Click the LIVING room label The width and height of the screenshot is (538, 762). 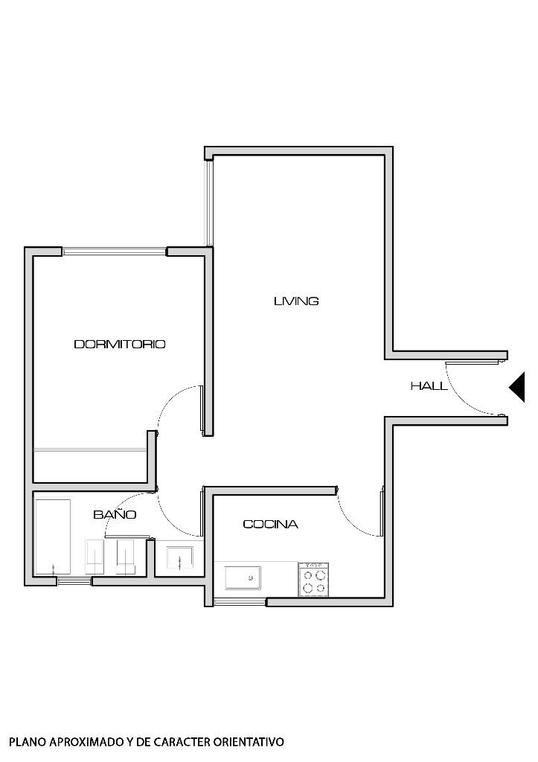point(296,301)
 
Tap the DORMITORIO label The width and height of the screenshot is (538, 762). point(120,345)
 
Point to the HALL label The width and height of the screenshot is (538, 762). point(429,386)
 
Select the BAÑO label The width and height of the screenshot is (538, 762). point(115,515)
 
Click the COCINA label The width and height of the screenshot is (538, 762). point(271,525)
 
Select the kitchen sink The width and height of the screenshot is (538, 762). point(243,577)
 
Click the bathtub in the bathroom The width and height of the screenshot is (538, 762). point(53,537)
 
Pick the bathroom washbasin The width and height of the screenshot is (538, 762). point(179,557)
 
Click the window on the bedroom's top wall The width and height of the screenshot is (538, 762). point(115,252)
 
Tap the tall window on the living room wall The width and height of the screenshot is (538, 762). point(210,201)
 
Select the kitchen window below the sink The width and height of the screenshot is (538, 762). point(239,601)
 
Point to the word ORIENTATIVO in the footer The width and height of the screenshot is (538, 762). point(249,742)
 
